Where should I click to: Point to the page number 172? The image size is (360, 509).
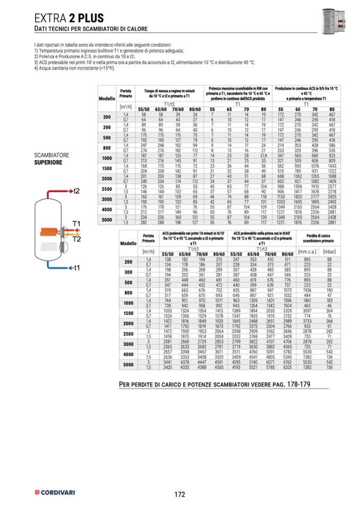click(179, 494)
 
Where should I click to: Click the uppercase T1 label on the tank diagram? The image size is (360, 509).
click(76, 223)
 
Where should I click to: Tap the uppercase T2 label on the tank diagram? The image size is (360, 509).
click(76, 239)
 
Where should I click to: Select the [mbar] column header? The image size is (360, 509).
click(329, 253)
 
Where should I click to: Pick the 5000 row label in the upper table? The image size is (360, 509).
click(107, 219)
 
